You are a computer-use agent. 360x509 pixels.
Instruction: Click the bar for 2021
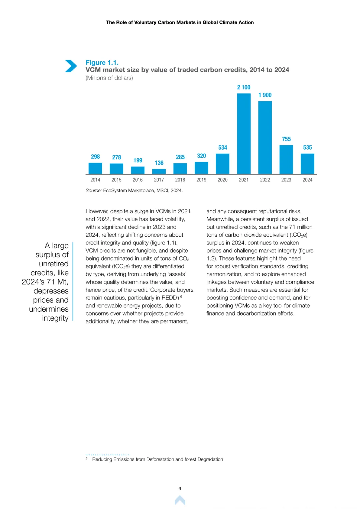[x=244, y=134]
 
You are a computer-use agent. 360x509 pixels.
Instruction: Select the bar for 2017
[x=159, y=172]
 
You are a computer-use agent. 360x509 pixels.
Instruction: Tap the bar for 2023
[x=286, y=160]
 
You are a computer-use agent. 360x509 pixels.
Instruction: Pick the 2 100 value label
[x=244, y=87]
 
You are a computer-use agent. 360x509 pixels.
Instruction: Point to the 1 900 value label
[x=265, y=95]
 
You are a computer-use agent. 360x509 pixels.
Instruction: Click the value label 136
[x=159, y=163]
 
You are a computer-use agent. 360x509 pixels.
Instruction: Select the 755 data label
[x=286, y=139]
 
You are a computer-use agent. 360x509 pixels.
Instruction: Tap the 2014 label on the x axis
[x=95, y=180]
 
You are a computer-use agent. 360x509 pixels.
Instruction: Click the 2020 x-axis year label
[x=223, y=180]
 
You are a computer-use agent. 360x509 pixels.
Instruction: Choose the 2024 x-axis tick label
[x=307, y=180]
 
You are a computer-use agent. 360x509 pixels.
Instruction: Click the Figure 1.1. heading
[x=102, y=62]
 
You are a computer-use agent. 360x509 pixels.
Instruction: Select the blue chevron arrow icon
[x=71, y=66]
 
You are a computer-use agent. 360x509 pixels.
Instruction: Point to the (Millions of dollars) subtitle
[x=109, y=78]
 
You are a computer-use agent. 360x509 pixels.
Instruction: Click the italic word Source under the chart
[x=94, y=190]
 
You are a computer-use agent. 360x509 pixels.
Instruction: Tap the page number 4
[x=180, y=488]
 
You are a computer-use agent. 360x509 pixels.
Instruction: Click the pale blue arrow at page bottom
[x=180, y=500]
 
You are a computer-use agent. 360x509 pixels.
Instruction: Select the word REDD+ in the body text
[x=171, y=298]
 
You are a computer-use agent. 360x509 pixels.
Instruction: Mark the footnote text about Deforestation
[x=157, y=459]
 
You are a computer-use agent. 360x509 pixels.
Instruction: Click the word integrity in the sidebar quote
[x=55, y=318]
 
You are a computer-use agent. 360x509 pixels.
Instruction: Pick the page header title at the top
[x=180, y=22]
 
